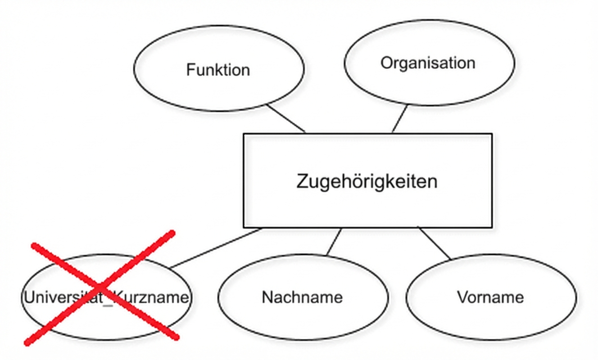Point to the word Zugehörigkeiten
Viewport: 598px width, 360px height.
pos(367,182)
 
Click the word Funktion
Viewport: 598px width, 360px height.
pos(218,70)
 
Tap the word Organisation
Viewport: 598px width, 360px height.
pos(428,63)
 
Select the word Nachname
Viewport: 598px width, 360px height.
pos(302,297)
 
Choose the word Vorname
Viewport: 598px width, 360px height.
pos(490,297)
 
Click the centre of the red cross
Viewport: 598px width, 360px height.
pos(103,287)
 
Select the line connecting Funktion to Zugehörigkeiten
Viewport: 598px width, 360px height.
pos(285,118)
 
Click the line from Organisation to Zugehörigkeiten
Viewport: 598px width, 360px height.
pos(400,119)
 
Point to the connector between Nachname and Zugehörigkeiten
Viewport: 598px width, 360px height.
pos(334,242)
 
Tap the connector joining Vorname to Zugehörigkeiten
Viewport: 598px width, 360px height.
pos(435,243)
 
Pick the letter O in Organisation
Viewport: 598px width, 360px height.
pos(386,63)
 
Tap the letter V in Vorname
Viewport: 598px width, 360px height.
pos(462,297)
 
